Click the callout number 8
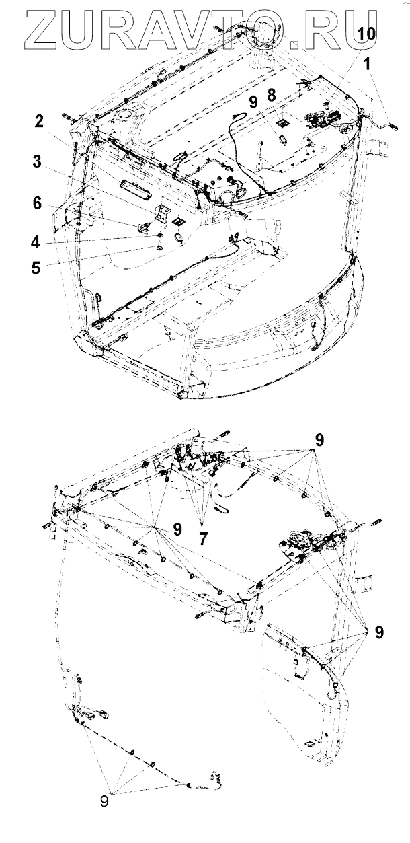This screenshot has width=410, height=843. [271, 96]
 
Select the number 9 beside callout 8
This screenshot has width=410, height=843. [252, 102]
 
